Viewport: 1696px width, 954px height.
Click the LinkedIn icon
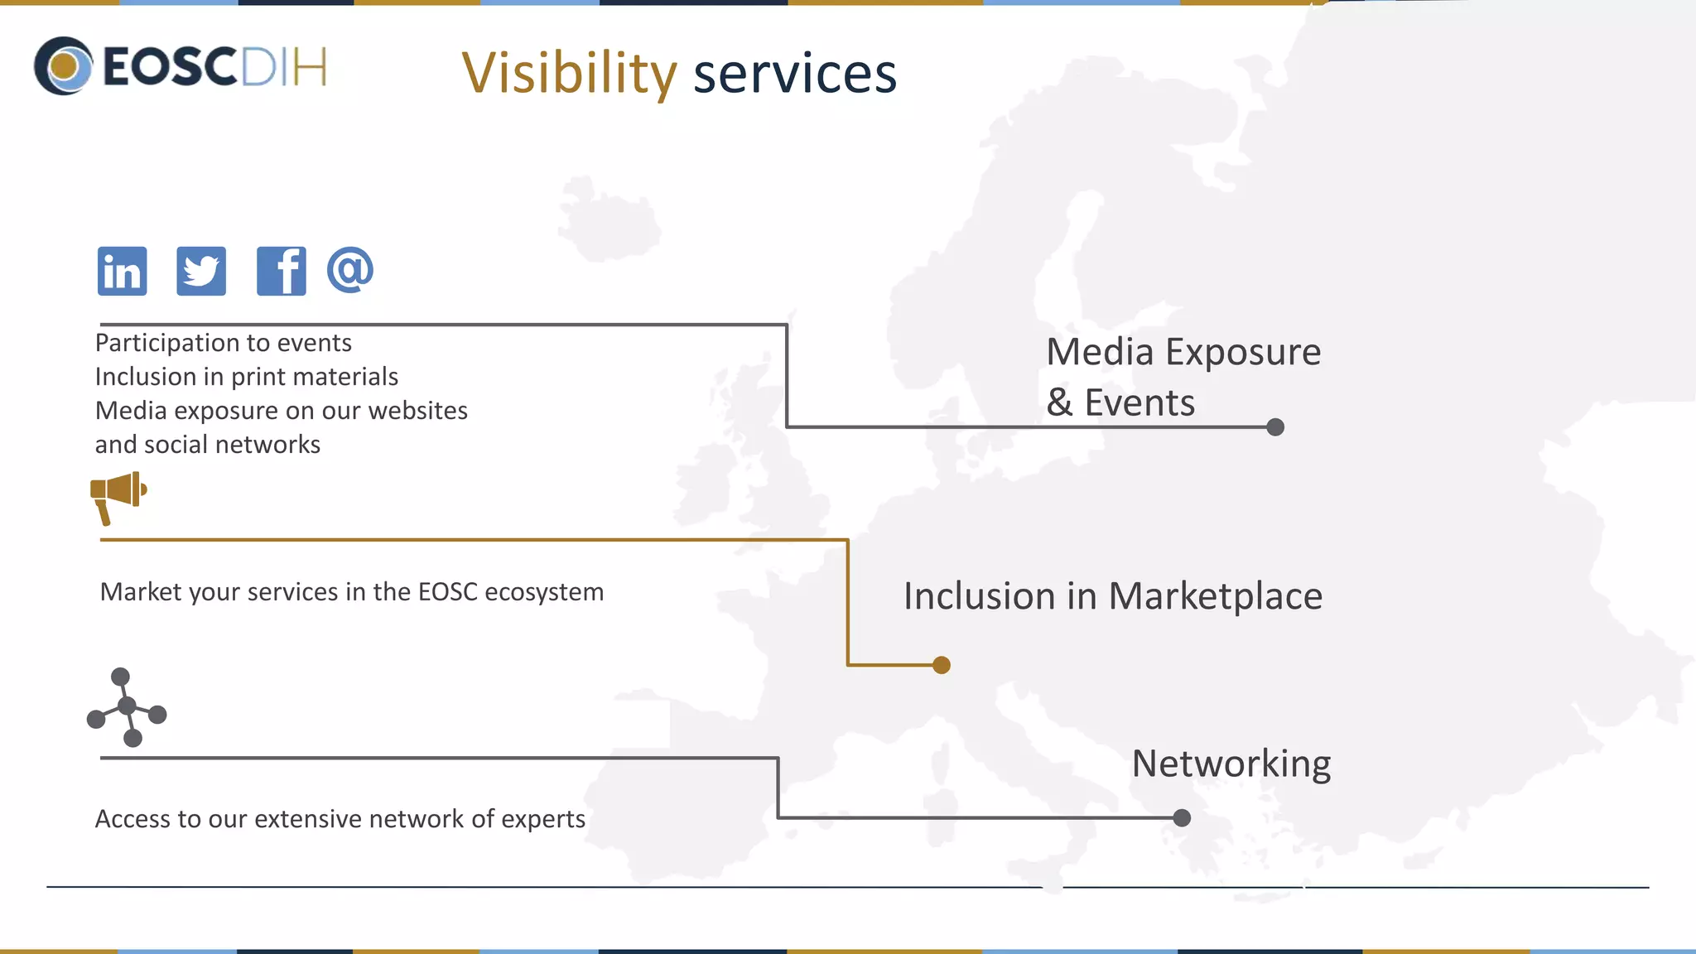pyautogui.click(x=123, y=271)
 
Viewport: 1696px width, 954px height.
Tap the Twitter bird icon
pyautogui.click(x=201, y=271)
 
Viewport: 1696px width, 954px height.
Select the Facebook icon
pyautogui.click(x=281, y=271)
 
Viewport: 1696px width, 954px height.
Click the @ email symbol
pyautogui.click(x=350, y=269)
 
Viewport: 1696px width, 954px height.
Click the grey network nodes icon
pyautogui.click(x=127, y=706)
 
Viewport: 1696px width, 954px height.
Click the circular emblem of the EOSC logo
pyautogui.click(x=64, y=66)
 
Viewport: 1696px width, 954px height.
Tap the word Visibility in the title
pyautogui.click(x=569, y=73)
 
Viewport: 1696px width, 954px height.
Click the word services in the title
pyautogui.click(x=794, y=73)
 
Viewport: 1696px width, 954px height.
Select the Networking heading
pyautogui.click(x=1231, y=764)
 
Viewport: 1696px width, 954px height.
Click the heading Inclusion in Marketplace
pyautogui.click(x=1112, y=596)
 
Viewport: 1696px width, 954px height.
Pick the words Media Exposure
pyautogui.click(x=1183, y=352)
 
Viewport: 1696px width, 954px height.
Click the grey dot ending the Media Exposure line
pyautogui.click(x=1275, y=427)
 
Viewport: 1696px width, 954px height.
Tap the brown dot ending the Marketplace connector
pyautogui.click(x=942, y=665)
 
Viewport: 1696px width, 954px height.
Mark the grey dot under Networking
pyautogui.click(x=1182, y=818)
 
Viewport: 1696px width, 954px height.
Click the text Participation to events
pyautogui.click(x=223, y=343)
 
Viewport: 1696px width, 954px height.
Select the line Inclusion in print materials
pyautogui.click(x=246, y=377)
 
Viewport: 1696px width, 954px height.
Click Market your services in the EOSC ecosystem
pyautogui.click(x=351, y=592)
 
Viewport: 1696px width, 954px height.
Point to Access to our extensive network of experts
pyautogui.click(x=340, y=819)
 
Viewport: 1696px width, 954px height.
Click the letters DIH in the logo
pyautogui.click(x=283, y=67)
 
